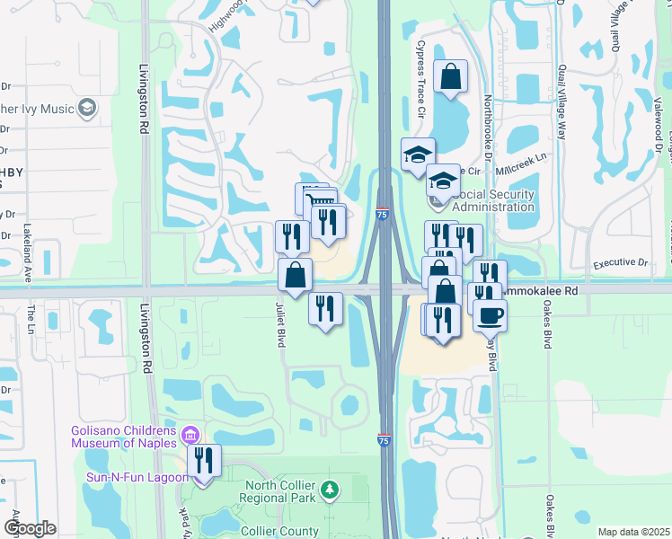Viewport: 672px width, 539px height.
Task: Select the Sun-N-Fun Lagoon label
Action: point(135,477)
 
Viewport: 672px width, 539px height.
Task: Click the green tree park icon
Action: point(331,490)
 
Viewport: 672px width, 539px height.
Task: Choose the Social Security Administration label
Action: point(494,200)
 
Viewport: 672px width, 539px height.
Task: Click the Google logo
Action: point(30,528)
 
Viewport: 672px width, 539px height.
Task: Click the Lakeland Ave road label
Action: point(28,253)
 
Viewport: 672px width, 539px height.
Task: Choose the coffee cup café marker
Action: point(491,314)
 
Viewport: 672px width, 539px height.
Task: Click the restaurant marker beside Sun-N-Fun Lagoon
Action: point(205,462)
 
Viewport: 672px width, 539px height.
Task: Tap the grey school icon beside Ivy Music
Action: point(87,109)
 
